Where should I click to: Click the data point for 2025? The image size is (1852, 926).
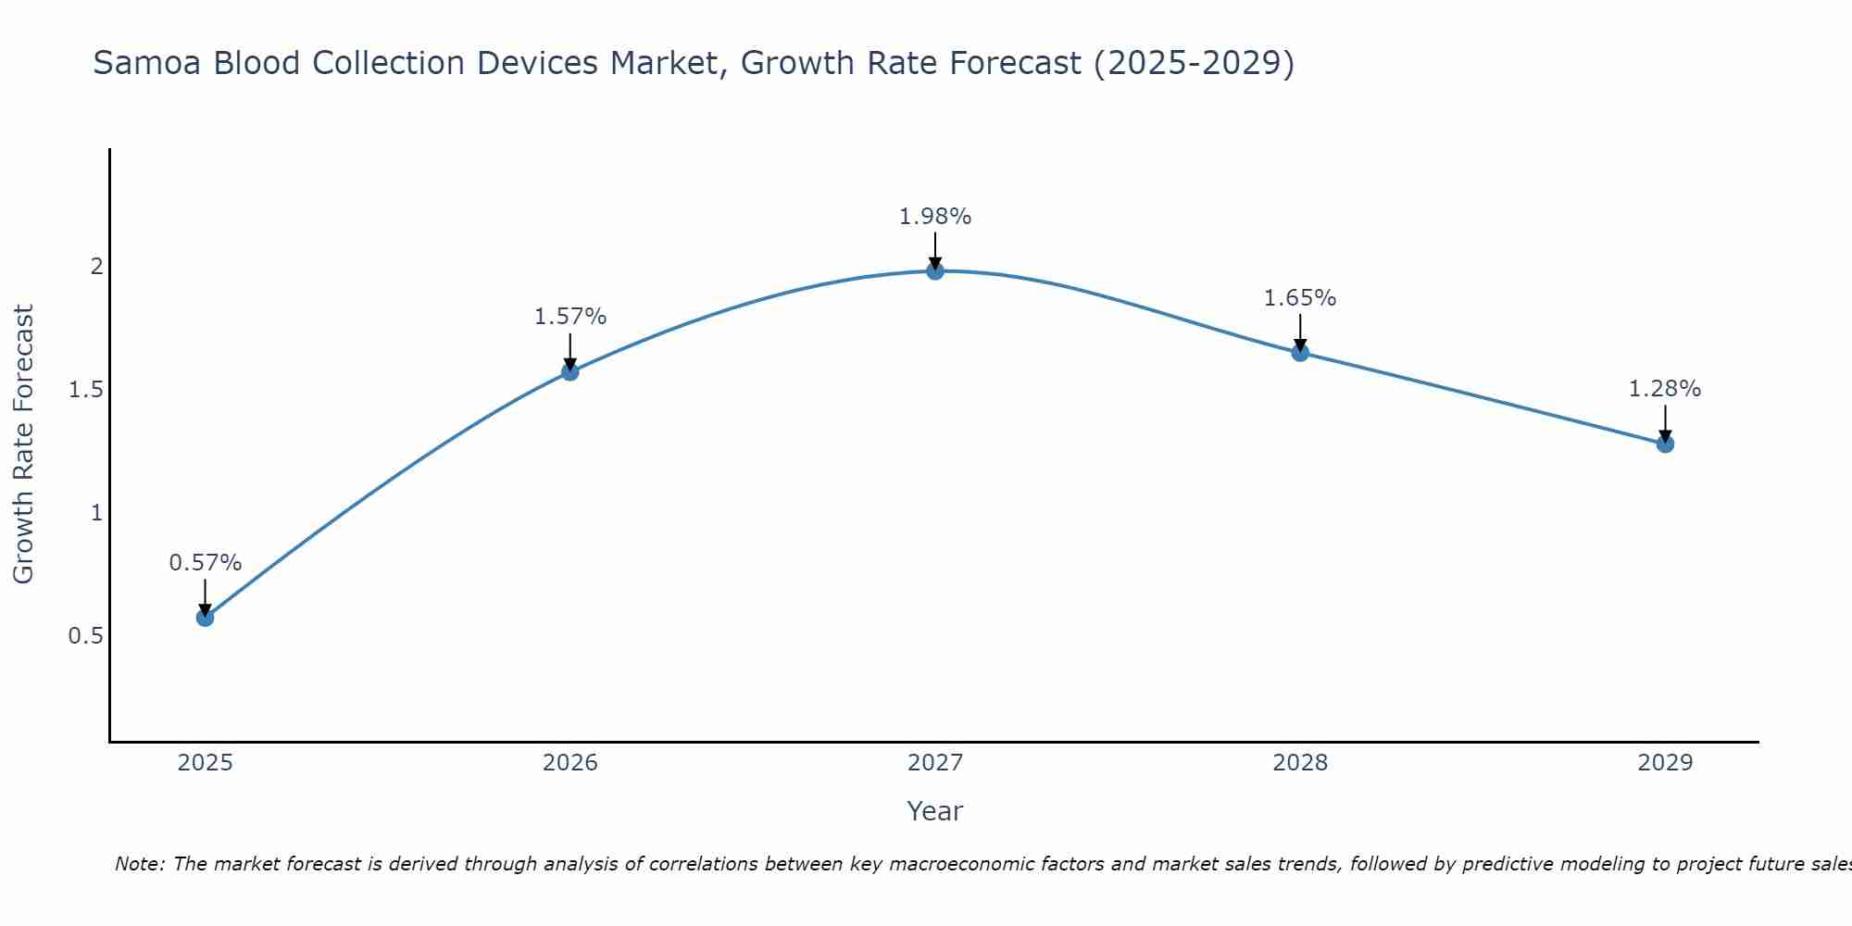tap(206, 618)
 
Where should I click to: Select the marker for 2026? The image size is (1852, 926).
tap(570, 371)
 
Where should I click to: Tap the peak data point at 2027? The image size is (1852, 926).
tap(935, 270)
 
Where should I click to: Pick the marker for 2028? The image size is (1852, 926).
tap(1300, 352)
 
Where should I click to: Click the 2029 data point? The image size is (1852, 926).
tap(1665, 444)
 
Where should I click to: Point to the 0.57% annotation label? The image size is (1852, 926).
tap(206, 563)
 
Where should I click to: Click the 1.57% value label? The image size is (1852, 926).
tap(570, 317)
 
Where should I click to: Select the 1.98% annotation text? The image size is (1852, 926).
tap(935, 217)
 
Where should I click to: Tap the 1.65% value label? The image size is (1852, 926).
tap(1300, 298)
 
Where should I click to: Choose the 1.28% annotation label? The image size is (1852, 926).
tap(1665, 389)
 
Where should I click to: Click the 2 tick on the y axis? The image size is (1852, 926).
tap(96, 267)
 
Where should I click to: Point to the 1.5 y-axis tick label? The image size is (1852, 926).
tap(86, 390)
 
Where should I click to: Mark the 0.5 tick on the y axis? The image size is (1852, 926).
tap(86, 636)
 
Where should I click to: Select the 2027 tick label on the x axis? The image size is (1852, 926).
tap(935, 763)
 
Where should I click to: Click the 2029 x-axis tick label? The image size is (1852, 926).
tap(1665, 763)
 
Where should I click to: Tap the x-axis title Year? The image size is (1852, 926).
tap(935, 811)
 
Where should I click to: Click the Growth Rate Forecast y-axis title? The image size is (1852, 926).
tap(23, 444)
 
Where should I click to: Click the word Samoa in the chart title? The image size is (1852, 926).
tap(147, 64)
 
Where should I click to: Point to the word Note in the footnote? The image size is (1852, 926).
tap(139, 864)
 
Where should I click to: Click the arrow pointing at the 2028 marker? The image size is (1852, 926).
tap(1300, 332)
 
